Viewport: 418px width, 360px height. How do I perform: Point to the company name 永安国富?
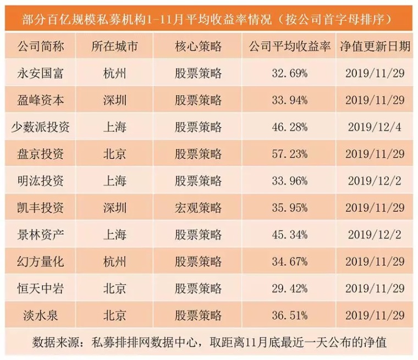(x=41, y=73)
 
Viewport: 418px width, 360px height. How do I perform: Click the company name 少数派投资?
(x=41, y=127)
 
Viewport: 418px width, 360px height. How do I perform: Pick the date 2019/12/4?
(x=376, y=127)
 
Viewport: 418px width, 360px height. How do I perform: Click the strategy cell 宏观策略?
(x=199, y=208)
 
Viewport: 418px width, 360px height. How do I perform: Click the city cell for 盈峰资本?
(x=115, y=100)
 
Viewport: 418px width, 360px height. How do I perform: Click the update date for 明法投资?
(x=376, y=181)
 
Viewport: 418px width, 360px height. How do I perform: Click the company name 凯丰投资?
(x=41, y=208)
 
